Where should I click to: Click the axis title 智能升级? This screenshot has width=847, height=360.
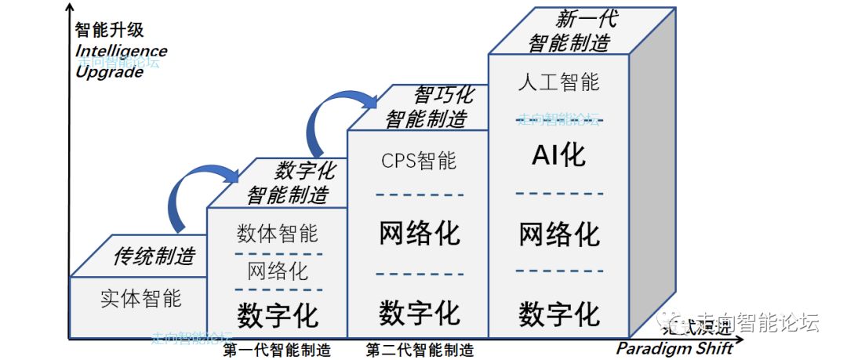pos(110,31)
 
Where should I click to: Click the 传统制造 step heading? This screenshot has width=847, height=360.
pos(154,255)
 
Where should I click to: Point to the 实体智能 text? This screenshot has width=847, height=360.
pos(141,298)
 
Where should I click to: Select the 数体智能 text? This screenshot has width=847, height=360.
pos(278,233)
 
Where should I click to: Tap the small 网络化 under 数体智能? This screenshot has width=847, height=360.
pos(278,271)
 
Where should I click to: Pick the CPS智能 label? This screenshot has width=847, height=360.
pos(418,161)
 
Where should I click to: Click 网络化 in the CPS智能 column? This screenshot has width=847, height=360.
pos(419,233)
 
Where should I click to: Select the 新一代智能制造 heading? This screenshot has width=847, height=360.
pos(570,31)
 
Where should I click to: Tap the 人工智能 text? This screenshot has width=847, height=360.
pos(559,82)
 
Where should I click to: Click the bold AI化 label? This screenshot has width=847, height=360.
pos(558,155)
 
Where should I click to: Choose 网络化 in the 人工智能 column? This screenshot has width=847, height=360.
pos(559,234)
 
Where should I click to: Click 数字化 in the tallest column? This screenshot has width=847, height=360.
pos(559,314)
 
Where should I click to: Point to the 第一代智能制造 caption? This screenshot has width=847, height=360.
pos(276,349)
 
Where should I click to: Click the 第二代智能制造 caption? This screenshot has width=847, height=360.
pos(420,349)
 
